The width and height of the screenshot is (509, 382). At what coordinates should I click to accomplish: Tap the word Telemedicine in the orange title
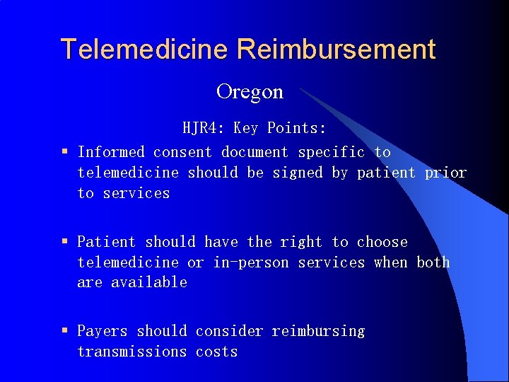[145, 50]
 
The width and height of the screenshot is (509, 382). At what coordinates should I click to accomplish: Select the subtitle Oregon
[250, 91]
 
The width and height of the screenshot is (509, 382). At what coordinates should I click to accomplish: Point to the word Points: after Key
[297, 128]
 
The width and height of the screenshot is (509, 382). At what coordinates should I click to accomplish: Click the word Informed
[111, 152]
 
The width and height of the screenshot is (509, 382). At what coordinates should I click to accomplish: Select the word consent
[182, 152]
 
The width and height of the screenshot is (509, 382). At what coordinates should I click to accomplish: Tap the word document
[255, 152]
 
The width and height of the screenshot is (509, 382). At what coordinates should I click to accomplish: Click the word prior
[445, 173]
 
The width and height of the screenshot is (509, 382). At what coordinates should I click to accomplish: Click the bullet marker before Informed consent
[64, 152]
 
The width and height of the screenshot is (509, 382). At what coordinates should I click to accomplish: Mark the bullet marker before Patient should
[64, 242]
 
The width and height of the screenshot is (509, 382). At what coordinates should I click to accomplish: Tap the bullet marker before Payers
[64, 331]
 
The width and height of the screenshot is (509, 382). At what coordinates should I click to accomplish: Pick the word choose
[382, 242]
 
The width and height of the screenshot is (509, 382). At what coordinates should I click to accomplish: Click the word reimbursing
[318, 331]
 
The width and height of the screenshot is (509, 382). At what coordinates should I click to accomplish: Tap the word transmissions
[131, 352]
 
